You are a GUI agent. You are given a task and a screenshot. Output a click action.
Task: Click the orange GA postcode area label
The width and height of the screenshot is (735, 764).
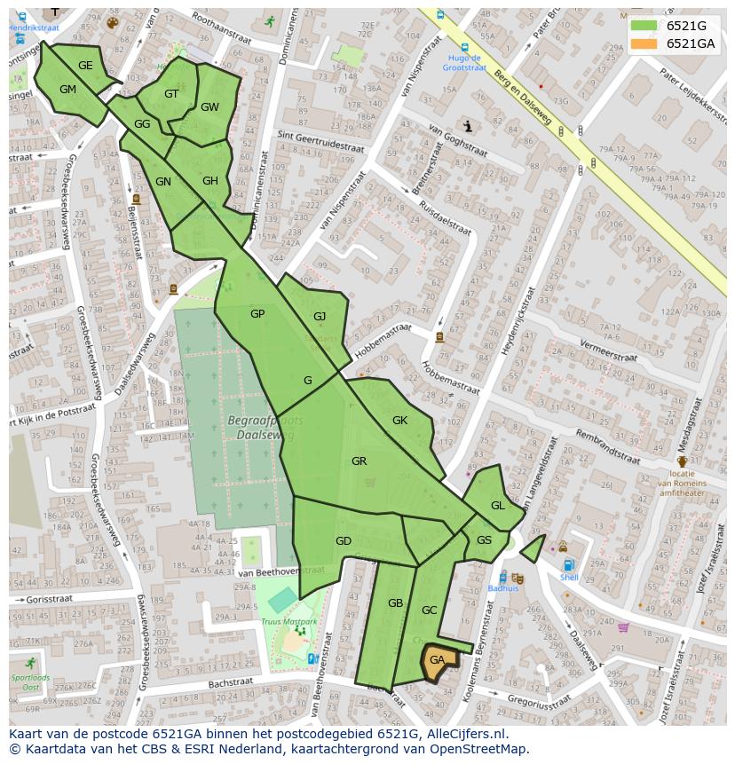(x=437, y=660)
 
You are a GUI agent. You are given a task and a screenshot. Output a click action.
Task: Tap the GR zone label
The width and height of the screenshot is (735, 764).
(x=359, y=461)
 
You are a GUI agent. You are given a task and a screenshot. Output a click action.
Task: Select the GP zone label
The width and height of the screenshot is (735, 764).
(x=257, y=314)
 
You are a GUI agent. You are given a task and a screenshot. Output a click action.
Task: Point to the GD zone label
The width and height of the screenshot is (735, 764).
(x=344, y=541)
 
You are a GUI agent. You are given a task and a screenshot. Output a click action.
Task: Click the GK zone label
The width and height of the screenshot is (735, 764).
(x=399, y=421)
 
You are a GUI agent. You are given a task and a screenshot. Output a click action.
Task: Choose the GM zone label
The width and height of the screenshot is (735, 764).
(x=67, y=90)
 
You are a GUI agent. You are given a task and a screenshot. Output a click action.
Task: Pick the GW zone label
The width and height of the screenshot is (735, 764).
(x=209, y=107)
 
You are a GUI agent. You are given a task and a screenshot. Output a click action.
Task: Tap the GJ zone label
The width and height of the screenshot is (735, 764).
(x=320, y=317)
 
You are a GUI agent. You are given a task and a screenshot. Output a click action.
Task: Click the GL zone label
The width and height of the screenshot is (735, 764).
(x=497, y=506)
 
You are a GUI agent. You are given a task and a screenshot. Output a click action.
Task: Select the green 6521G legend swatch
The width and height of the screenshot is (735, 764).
(x=644, y=26)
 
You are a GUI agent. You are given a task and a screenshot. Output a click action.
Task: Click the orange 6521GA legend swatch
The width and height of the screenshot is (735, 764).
(x=644, y=43)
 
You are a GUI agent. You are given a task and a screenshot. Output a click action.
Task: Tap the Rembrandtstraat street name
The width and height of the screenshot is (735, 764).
(x=608, y=446)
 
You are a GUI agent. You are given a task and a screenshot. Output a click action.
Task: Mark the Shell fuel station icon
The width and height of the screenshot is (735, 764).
(x=568, y=565)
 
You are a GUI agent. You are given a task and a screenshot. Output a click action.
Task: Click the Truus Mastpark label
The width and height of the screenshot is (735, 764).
(x=288, y=622)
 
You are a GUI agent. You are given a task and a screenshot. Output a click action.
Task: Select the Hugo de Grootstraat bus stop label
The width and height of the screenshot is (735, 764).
(x=463, y=62)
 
